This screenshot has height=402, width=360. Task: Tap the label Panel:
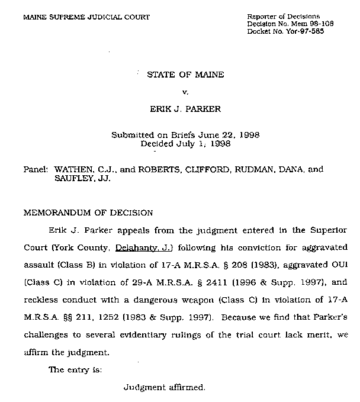click(x=35, y=169)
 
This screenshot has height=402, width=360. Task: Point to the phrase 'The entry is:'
click(x=75, y=370)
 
